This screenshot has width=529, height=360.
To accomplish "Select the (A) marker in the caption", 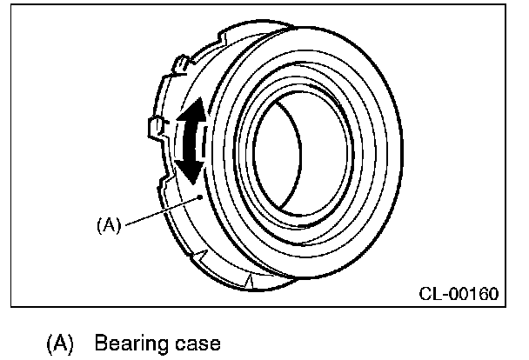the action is point(61,343).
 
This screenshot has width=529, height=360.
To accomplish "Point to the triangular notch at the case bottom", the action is point(251,280).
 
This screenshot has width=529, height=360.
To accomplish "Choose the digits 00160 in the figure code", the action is point(473,294).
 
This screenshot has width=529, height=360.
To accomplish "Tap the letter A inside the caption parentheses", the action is point(61,343).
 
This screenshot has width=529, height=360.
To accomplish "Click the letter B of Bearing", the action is point(101,343).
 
